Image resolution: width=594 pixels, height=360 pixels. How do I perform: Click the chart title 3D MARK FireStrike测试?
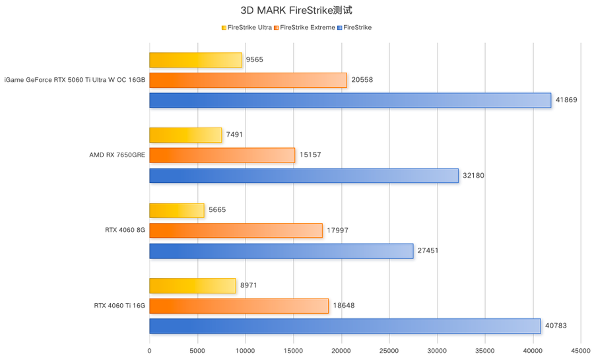[x=296, y=11]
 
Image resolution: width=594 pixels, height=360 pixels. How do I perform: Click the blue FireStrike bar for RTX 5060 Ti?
[x=350, y=100]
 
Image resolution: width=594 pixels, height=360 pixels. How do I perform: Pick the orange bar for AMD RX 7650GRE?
[x=222, y=155]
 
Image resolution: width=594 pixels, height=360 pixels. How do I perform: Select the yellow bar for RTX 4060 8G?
[x=176, y=210]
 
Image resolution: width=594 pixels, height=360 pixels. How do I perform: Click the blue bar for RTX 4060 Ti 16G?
[x=345, y=326]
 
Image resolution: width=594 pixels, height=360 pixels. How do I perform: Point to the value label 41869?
[x=566, y=100]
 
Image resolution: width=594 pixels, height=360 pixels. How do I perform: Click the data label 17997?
[x=337, y=231]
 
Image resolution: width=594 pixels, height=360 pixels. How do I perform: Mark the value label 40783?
[x=556, y=326]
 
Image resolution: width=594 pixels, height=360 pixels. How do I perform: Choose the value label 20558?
[x=362, y=80]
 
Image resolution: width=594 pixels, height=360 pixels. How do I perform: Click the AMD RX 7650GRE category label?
[x=117, y=155]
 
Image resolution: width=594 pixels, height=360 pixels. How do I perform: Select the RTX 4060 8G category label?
[x=125, y=231]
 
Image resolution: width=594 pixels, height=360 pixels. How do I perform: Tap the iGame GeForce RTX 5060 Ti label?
[x=75, y=80]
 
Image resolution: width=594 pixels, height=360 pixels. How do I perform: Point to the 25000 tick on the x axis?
[x=389, y=350]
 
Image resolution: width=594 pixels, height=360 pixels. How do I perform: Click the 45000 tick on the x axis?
[x=581, y=350]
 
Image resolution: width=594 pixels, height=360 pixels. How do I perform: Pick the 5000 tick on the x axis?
[x=197, y=350]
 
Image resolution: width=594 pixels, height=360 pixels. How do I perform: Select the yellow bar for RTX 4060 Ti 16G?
[x=192, y=285]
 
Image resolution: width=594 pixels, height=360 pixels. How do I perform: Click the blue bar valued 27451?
[x=281, y=251]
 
